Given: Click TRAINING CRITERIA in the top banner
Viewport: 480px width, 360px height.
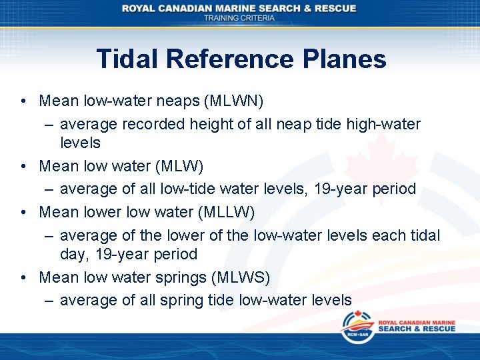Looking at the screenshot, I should click(x=239, y=18).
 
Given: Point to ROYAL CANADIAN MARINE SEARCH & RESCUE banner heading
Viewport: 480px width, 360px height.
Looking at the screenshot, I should click(x=239, y=8).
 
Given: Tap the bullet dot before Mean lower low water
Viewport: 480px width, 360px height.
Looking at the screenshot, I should click(x=23, y=212).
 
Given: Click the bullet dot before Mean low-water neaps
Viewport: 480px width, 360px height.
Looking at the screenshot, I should click(x=23, y=101).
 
